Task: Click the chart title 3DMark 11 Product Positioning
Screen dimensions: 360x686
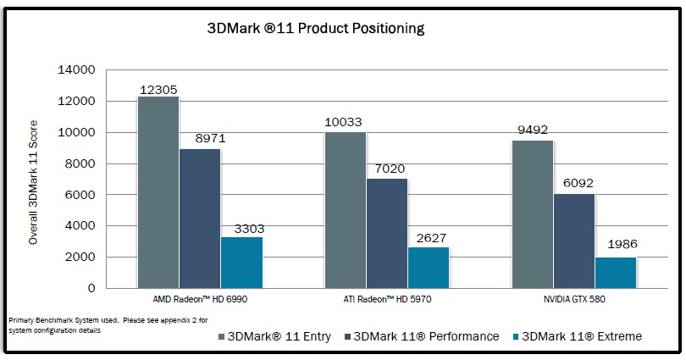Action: tap(316, 29)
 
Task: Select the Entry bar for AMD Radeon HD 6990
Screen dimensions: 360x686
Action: tap(158, 192)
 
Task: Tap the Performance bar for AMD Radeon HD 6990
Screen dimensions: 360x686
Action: tap(200, 219)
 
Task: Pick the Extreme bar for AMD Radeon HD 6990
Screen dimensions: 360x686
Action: tap(241, 263)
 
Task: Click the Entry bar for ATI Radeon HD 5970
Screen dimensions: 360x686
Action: tap(346, 210)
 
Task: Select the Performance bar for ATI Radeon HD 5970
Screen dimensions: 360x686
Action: tap(387, 233)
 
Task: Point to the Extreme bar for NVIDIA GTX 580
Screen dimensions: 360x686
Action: tap(616, 273)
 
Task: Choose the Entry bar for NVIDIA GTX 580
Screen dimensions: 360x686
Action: tap(533, 214)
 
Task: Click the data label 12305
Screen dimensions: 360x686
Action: tap(158, 88)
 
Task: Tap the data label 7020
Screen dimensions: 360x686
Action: tap(387, 169)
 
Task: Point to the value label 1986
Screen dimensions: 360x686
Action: tap(622, 245)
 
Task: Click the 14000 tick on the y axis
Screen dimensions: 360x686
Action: tap(78, 70)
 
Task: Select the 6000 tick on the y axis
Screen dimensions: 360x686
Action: tap(82, 195)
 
